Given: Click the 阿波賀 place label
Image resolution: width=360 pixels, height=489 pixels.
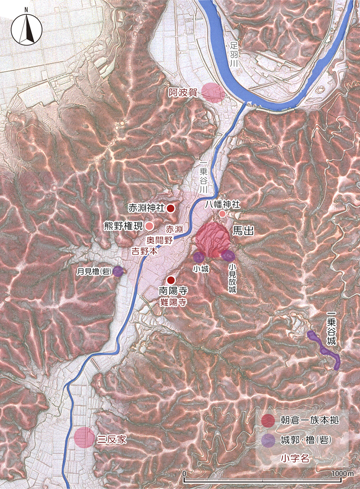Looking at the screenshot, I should (183, 93).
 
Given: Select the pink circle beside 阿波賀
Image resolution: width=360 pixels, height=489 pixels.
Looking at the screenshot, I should (212, 93).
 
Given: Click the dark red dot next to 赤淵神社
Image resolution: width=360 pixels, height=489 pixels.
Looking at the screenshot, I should (171, 208).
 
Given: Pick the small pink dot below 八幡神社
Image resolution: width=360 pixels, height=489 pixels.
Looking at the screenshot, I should (222, 214).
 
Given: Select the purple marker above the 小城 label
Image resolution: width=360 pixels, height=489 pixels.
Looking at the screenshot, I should (199, 257).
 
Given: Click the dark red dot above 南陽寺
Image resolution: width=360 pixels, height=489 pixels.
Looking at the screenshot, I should (171, 279).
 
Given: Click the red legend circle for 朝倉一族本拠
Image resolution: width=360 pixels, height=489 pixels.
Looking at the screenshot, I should (268, 421).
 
